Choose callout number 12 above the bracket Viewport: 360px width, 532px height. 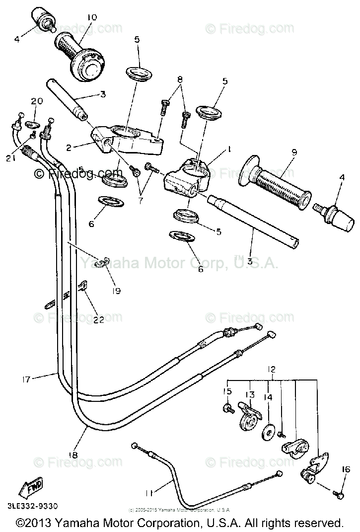[x=271, y=369]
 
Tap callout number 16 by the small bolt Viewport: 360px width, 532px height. [x=346, y=469]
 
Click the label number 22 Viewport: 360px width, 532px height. [x=99, y=319]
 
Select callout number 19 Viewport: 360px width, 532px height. [x=116, y=291]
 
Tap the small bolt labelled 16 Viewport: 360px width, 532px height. [x=339, y=495]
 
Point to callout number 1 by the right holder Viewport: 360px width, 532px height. [x=230, y=148]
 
